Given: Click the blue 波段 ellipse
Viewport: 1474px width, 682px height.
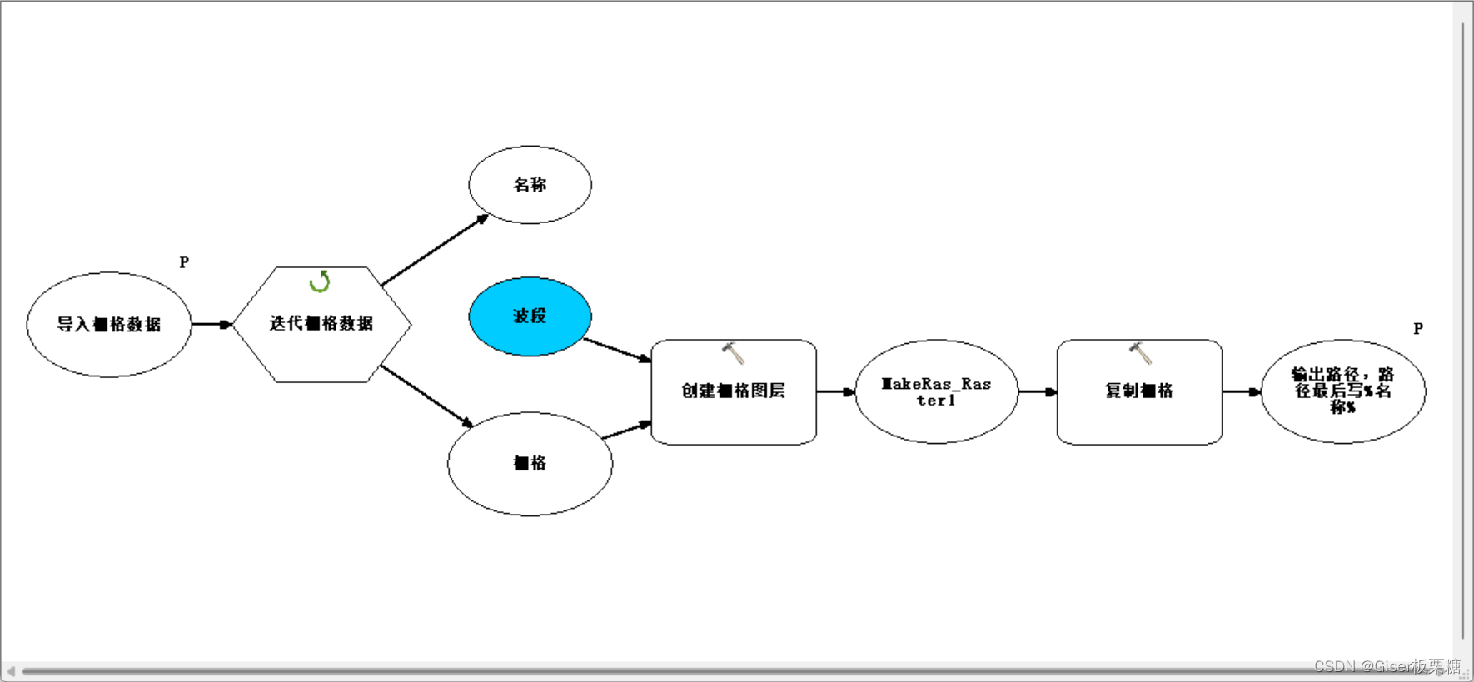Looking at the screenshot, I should [530, 316].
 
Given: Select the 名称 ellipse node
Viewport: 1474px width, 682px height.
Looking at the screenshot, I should [530, 185].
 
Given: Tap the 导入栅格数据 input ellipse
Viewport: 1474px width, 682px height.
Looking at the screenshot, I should [109, 325].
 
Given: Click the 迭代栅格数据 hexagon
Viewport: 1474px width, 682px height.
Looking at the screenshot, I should [321, 324].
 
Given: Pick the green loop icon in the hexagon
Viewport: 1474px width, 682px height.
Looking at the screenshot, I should [320, 281].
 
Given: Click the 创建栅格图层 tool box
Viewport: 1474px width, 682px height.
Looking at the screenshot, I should [733, 391].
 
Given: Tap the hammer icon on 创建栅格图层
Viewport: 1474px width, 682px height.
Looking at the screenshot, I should [733, 353].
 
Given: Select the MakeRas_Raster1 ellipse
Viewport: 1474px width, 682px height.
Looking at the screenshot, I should [936, 391].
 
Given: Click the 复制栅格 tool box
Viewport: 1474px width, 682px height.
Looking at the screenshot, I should [1138, 391].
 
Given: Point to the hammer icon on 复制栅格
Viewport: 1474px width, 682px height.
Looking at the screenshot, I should [1140, 353].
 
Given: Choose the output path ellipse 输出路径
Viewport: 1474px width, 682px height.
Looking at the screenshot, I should [1342, 391].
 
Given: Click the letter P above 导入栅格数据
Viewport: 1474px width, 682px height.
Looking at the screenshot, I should [184, 262].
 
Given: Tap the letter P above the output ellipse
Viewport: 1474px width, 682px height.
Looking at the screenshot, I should [1418, 329].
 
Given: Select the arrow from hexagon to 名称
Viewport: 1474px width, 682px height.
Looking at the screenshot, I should [434, 251].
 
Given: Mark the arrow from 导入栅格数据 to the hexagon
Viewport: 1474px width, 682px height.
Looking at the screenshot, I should [212, 324].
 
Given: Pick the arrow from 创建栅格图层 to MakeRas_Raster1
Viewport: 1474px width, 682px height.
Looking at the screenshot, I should [835, 391].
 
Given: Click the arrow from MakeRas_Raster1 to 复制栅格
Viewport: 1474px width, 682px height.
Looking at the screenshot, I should [1037, 391].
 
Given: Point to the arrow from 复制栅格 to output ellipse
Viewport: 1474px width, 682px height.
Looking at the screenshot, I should [1241, 391].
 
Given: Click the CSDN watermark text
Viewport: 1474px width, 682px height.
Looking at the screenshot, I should [1387, 666].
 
